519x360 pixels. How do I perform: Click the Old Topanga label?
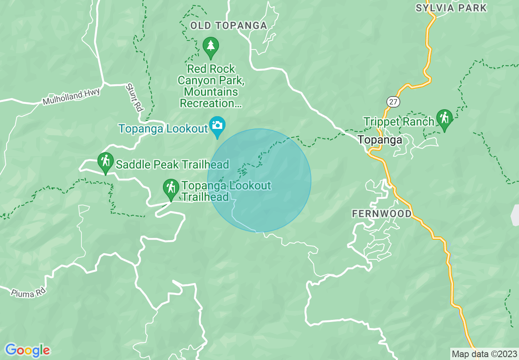228,26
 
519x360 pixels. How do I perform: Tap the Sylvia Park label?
451,8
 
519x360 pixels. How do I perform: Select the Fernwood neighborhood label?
381,214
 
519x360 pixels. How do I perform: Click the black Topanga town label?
380,140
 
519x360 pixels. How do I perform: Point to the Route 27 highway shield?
393,102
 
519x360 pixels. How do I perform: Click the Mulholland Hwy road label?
71,97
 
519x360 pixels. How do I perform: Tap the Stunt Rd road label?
134,98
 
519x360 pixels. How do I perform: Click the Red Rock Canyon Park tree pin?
210,47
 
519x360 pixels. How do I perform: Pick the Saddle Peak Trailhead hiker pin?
106,162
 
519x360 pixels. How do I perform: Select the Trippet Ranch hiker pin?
444,119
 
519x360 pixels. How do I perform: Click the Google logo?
27,350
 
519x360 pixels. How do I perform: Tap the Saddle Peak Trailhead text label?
172,165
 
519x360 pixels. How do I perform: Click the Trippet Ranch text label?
399,122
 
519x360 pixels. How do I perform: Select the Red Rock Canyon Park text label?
211,86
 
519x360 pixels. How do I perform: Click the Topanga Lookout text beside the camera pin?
163,129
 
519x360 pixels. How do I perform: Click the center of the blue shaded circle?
259,180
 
